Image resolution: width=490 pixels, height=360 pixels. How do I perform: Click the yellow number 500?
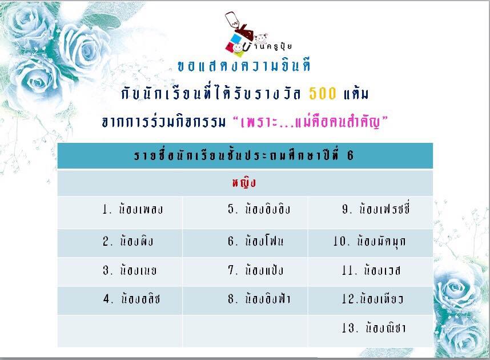tap(323, 93)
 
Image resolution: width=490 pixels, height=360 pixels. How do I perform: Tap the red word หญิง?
tap(244, 183)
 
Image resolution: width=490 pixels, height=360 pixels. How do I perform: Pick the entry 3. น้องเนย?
tap(130, 270)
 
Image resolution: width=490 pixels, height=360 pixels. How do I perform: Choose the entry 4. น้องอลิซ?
tap(131, 299)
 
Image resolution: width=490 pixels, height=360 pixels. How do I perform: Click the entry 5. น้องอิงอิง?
tap(259, 209)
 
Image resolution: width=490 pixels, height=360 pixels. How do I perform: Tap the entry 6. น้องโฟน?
tap(255, 241)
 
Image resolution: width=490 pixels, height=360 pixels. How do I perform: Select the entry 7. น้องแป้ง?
tap(255, 270)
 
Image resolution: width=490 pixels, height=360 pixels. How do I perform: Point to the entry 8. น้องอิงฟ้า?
tap(259, 299)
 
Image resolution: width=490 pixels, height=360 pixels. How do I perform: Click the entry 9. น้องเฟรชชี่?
tap(376, 209)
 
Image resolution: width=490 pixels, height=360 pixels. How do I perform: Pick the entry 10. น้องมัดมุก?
tap(369, 241)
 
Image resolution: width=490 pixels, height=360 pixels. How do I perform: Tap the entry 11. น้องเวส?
tap(371, 270)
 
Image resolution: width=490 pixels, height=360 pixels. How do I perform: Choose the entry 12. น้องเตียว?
tap(372, 299)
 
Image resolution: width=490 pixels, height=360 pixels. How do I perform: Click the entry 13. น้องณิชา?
tap(373, 327)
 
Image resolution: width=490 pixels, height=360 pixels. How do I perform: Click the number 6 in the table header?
tap(350, 155)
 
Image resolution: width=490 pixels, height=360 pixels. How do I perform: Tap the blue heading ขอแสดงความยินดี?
tap(244, 66)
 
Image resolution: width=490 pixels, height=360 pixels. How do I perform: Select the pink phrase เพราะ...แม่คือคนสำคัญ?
tap(311, 122)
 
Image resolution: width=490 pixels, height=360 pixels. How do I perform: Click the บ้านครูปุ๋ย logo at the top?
tap(257, 32)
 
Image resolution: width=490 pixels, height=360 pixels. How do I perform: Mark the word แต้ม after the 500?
tap(356, 93)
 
